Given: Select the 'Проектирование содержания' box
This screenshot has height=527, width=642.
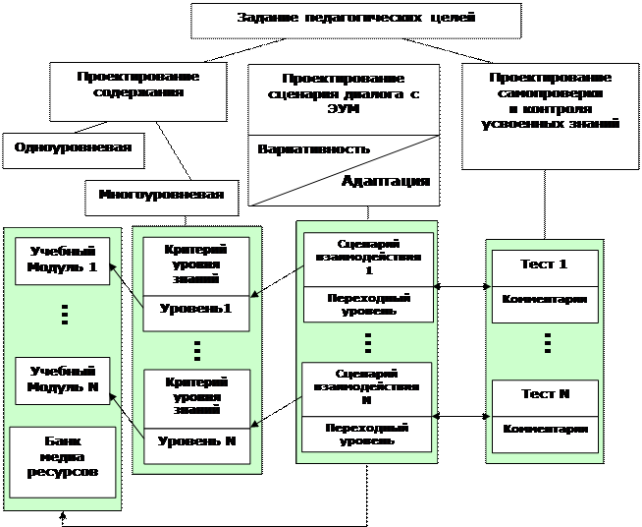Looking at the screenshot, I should (x=138, y=85).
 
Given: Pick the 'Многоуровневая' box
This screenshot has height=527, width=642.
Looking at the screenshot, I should (x=161, y=195).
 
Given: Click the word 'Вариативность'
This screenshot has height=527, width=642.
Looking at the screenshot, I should (x=313, y=149).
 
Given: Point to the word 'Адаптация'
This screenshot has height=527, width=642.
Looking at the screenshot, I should (x=385, y=181).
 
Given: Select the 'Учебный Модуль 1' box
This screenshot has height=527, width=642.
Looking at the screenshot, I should (x=62, y=261).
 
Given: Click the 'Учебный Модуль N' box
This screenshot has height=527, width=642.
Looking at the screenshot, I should (x=62, y=381).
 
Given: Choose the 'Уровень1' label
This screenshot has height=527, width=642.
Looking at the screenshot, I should (x=197, y=310).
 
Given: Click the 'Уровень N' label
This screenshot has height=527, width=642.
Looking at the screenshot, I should (x=197, y=441).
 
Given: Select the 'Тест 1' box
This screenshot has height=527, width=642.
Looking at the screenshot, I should (x=544, y=264).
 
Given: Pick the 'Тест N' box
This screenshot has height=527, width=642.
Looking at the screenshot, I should (x=544, y=394).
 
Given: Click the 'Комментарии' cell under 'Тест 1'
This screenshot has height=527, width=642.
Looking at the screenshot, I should (x=544, y=300).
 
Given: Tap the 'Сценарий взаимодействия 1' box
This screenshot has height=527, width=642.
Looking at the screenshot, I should (x=368, y=257).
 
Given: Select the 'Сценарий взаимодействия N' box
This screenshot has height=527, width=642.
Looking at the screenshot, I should (x=367, y=387).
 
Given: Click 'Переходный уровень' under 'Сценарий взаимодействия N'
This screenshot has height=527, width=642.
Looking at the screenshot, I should (x=367, y=435).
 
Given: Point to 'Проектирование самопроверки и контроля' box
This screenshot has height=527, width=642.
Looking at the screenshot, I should (x=550, y=101).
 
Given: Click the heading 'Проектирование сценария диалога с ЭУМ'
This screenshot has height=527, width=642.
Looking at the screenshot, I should (x=342, y=93).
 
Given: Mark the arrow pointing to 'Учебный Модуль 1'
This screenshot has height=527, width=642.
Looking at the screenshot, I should (x=115, y=267).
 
